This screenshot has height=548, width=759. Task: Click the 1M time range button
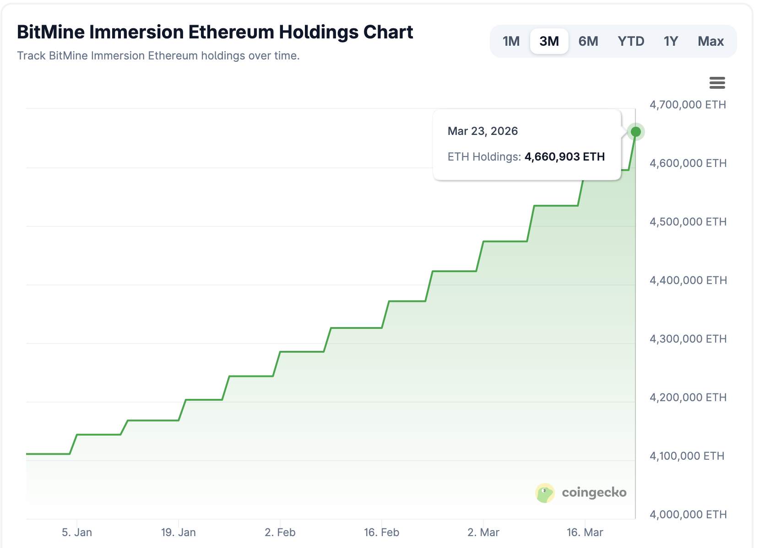pyautogui.click(x=511, y=41)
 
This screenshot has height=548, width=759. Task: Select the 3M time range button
pyautogui.click(x=549, y=41)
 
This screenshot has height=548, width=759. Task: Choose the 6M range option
pyautogui.click(x=588, y=41)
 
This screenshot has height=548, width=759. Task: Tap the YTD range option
pyautogui.click(x=631, y=41)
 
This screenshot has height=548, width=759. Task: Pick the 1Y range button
pyautogui.click(x=671, y=41)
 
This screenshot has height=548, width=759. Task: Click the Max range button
pyautogui.click(x=710, y=41)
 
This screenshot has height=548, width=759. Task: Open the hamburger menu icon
pyautogui.click(x=717, y=83)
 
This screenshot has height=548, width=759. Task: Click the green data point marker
pyautogui.click(x=636, y=132)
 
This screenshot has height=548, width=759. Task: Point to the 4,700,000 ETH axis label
pyautogui.click(x=688, y=105)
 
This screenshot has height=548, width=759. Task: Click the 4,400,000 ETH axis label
pyautogui.click(x=688, y=280)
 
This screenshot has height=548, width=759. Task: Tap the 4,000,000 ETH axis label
pyautogui.click(x=688, y=515)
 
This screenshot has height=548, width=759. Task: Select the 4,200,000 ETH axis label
pyautogui.click(x=688, y=398)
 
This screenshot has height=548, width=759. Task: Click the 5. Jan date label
pyautogui.click(x=77, y=532)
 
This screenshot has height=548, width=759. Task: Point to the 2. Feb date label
pyautogui.click(x=280, y=532)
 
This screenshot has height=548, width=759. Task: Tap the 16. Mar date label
pyautogui.click(x=585, y=532)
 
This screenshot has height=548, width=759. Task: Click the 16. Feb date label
pyautogui.click(x=382, y=532)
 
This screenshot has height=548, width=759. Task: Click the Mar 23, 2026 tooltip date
pyautogui.click(x=483, y=131)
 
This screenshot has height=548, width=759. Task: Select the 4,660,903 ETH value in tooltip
pyautogui.click(x=564, y=157)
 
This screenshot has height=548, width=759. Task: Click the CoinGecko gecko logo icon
pyautogui.click(x=545, y=493)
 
